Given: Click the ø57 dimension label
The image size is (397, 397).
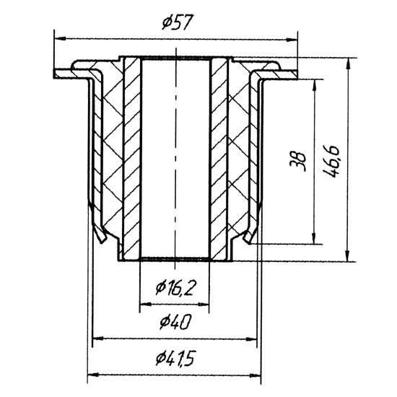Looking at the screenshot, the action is click(178, 22).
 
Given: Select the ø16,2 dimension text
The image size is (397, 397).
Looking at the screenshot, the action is click(175, 288).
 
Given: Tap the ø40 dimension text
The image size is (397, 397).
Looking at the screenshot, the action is click(175, 321).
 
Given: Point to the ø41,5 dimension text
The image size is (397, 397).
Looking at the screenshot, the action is click(175, 358).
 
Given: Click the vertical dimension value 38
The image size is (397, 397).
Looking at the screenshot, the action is click(298, 162).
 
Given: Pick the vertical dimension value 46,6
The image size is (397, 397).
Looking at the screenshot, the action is click(332, 162).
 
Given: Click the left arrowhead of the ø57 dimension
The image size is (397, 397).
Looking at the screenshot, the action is click(60, 38).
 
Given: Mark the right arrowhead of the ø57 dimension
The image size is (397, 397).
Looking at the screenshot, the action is click(292, 40).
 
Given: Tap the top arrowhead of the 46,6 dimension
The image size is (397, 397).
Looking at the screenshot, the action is click(349, 64).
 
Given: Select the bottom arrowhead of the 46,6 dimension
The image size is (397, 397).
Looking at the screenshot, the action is click(348, 256).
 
